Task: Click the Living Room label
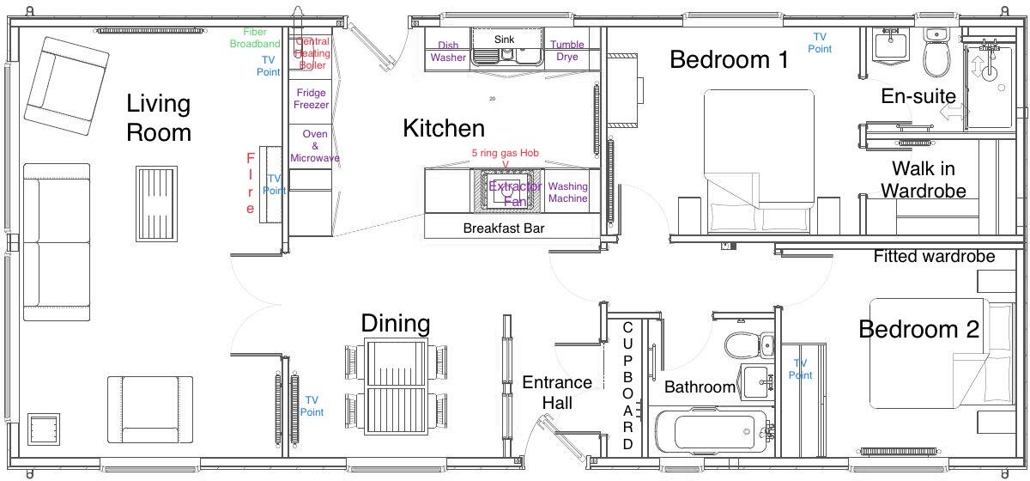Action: (x=159, y=119)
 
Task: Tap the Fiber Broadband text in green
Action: (x=255, y=38)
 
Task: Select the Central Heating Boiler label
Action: (x=312, y=53)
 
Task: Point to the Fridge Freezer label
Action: (x=311, y=99)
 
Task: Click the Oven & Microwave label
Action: (x=314, y=146)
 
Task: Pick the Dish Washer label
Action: (x=448, y=52)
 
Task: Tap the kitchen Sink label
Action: (x=504, y=40)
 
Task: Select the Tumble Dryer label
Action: (x=567, y=51)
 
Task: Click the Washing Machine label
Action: (x=567, y=192)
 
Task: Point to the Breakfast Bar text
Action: (x=504, y=228)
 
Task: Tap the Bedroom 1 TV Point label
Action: (x=820, y=43)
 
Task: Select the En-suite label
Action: (x=918, y=96)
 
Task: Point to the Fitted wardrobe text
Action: (x=934, y=256)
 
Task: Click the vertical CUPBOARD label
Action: (x=627, y=387)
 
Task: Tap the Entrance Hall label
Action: (x=557, y=393)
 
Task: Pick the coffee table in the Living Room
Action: (x=154, y=195)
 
